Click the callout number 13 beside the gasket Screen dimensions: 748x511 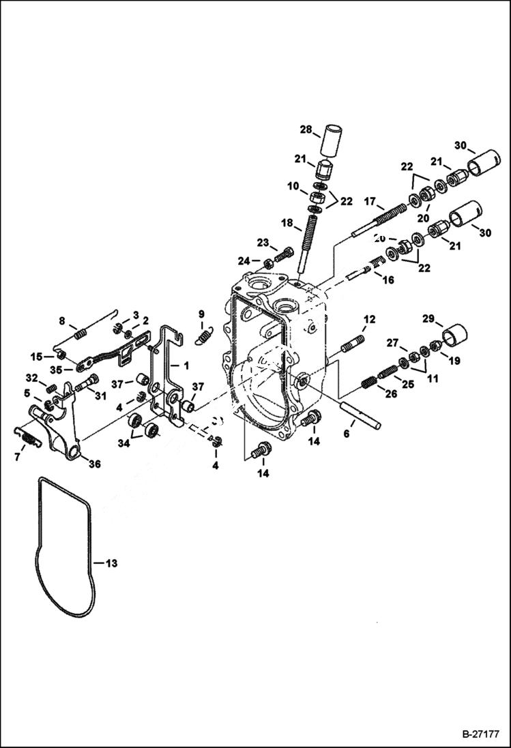111,563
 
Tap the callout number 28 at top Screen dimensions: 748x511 306,129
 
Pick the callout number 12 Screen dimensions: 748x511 369,319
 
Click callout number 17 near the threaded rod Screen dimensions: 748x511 370,202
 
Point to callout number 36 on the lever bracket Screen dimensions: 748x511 93,464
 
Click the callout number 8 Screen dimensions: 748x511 62,320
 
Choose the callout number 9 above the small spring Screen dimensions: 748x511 201,314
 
